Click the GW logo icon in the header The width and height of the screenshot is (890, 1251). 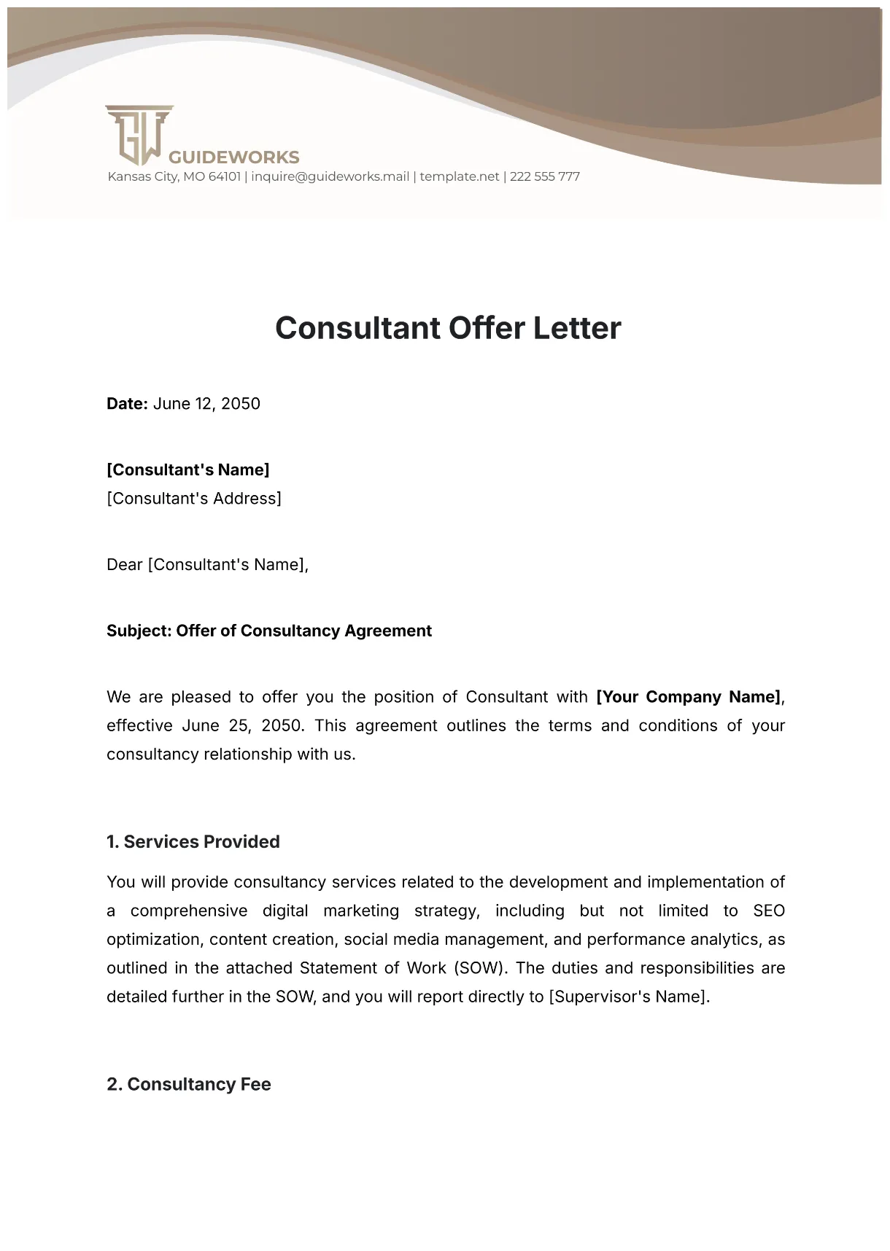click(x=139, y=135)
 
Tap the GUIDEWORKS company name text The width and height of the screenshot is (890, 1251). click(x=233, y=157)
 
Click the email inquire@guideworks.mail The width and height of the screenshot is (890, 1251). click(x=330, y=176)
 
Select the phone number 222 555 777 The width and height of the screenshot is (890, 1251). click(x=544, y=176)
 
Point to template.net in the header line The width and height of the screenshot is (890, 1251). click(x=460, y=176)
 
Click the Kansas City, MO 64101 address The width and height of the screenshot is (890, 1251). click(x=174, y=176)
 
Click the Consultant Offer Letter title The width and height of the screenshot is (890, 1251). click(x=448, y=328)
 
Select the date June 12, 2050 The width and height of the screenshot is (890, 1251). click(x=206, y=404)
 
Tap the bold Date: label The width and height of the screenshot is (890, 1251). click(x=127, y=404)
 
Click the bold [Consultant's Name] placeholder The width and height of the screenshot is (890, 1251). click(x=187, y=469)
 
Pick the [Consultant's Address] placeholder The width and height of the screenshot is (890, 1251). click(x=193, y=499)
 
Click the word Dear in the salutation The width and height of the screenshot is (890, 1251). click(x=124, y=565)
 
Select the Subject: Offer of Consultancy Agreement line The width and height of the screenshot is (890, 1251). click(x=268, y=631)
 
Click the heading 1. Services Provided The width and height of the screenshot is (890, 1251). click(x=193, y=842)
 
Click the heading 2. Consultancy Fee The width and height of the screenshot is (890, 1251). click(x=188, y=1085)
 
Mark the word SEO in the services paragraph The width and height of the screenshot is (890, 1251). click(x=768, y=911)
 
